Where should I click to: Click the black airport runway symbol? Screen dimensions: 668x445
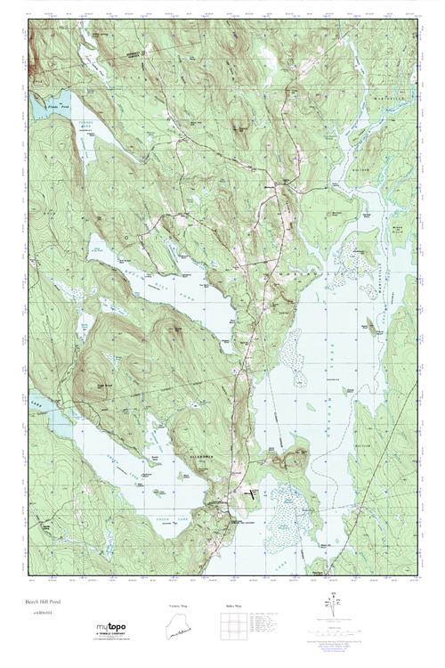(x=253, y=489)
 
